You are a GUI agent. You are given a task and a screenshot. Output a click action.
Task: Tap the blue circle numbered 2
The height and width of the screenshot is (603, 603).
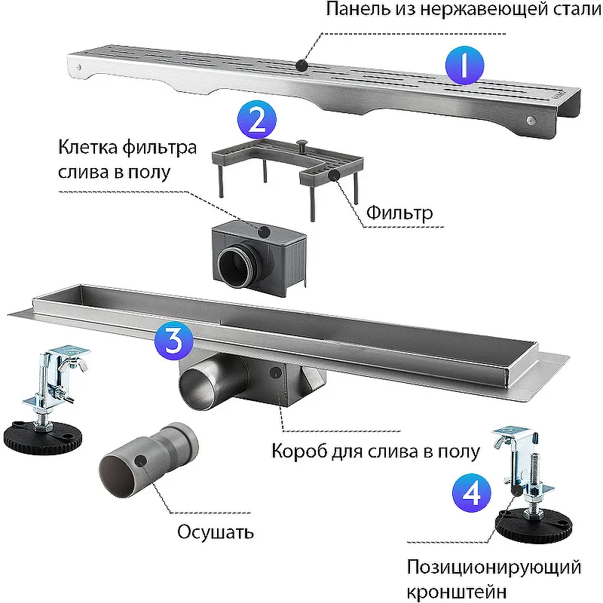click(x=257, y=121)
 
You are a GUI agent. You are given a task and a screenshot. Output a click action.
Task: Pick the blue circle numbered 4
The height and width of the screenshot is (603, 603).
click(x=471, y=494)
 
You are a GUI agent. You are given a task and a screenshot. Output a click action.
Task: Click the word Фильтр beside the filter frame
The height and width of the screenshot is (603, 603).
click(x=399, y=213)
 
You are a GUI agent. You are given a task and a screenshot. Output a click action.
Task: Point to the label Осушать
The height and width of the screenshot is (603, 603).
click(x=216, y=532)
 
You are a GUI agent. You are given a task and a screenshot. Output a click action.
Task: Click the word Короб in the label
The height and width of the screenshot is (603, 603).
click(x=295, y=452)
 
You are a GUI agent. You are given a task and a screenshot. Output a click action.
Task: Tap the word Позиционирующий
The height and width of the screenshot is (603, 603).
click(x=494, y=566)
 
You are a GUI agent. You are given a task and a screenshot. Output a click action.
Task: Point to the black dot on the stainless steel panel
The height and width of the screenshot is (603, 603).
click(x=302, y=66)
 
